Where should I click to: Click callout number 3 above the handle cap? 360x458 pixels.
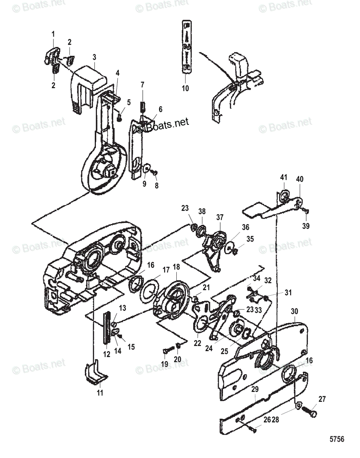(x=94, y=57)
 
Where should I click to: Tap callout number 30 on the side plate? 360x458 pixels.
(x=294, y=311)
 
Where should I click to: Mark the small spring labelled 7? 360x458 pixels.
(x=142, y=104)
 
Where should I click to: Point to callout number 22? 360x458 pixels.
(x=197, y=343)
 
